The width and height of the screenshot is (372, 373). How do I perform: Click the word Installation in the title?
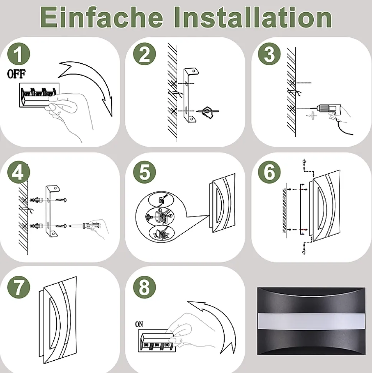(x=253, y=17)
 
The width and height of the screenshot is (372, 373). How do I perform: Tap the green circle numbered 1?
(x=19, y=54)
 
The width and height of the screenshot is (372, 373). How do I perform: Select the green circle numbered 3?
(x=269, y=54)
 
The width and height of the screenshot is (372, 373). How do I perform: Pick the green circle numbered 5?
(x=145, y=172)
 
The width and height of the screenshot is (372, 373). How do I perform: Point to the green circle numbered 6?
(x=269, y=172)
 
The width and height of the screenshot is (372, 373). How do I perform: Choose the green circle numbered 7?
(x=19, y=287)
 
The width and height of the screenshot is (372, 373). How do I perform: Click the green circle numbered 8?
(x=145, y=287)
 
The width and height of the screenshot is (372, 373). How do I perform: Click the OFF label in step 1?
(x=16, y=74)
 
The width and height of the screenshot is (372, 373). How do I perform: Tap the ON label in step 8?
(x=139, y=324)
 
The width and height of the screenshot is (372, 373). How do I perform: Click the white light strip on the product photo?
(x=311, y=321)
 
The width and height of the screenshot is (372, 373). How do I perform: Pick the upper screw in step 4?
(x=61, y=200)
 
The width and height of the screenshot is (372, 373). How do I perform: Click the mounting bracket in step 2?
(x=191, y=96)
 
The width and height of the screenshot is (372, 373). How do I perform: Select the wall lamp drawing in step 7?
(x=58, y=320)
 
